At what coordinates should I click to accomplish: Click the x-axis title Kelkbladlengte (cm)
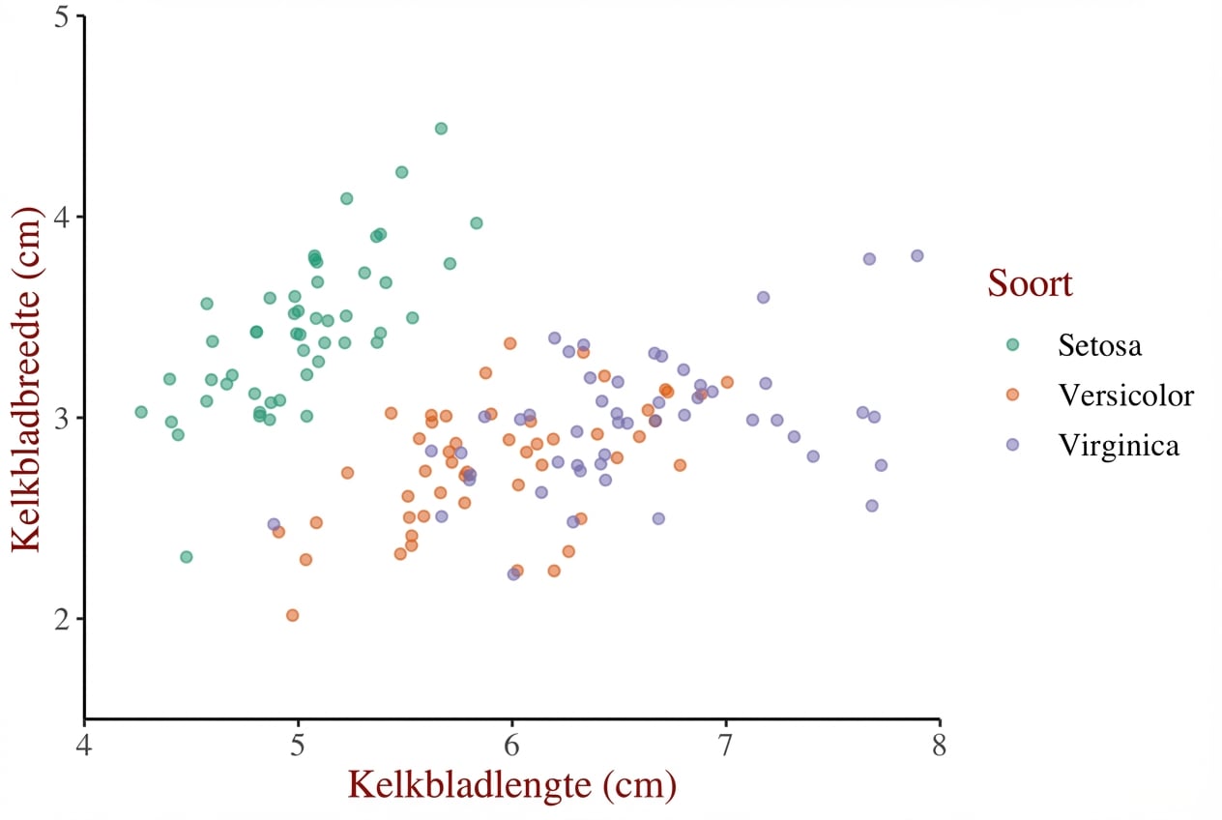tap(511, 785)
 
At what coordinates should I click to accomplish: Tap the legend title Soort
tap(1030, 284)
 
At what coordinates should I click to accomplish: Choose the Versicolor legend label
tap(1125, 395)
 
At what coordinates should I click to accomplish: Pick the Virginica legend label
tap(1119, 445)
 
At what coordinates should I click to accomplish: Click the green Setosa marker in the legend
tap(1012, 344)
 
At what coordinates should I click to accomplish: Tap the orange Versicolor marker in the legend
tap(1012, 395)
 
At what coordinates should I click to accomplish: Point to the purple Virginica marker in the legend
tap(1012, 445)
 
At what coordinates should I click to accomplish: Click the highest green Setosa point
tap(441, 129)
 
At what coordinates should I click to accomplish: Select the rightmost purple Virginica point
tap(916, 256)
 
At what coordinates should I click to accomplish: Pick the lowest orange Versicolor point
tap(292, 615)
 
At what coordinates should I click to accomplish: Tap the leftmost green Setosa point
tap(141, 412)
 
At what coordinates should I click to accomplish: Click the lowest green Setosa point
tap(186, 557)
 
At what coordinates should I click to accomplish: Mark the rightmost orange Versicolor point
tap(727, 382)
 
